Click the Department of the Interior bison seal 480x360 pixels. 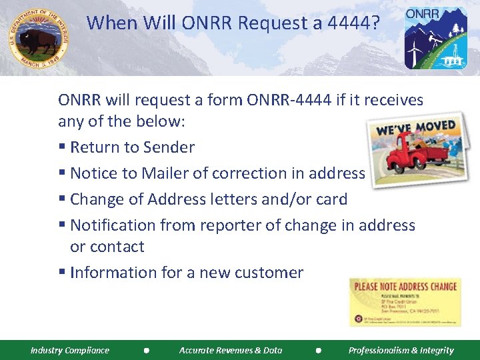[x=38, y=37]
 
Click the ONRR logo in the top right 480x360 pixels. [x=435, y=38]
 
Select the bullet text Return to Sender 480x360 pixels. [x=132, y=147]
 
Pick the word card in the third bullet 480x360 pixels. [x=331, y=199]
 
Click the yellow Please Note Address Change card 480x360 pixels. [x=405, y=301]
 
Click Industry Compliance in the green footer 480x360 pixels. [x=70, y=350]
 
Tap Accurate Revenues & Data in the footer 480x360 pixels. [x=231, y=350]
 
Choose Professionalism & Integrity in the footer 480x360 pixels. [x=401, y=350]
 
